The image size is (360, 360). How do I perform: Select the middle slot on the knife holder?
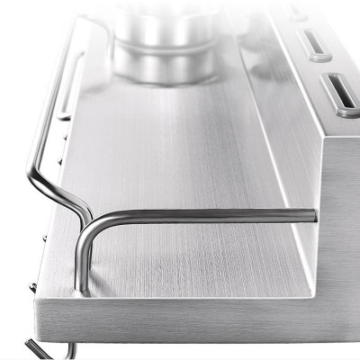[314, 41]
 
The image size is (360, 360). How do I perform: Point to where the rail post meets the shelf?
[82, 290]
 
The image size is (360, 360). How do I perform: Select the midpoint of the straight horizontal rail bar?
[207, 216]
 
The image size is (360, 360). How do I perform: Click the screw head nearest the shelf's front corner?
[33, 287]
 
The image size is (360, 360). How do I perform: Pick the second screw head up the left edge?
[43, 238]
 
